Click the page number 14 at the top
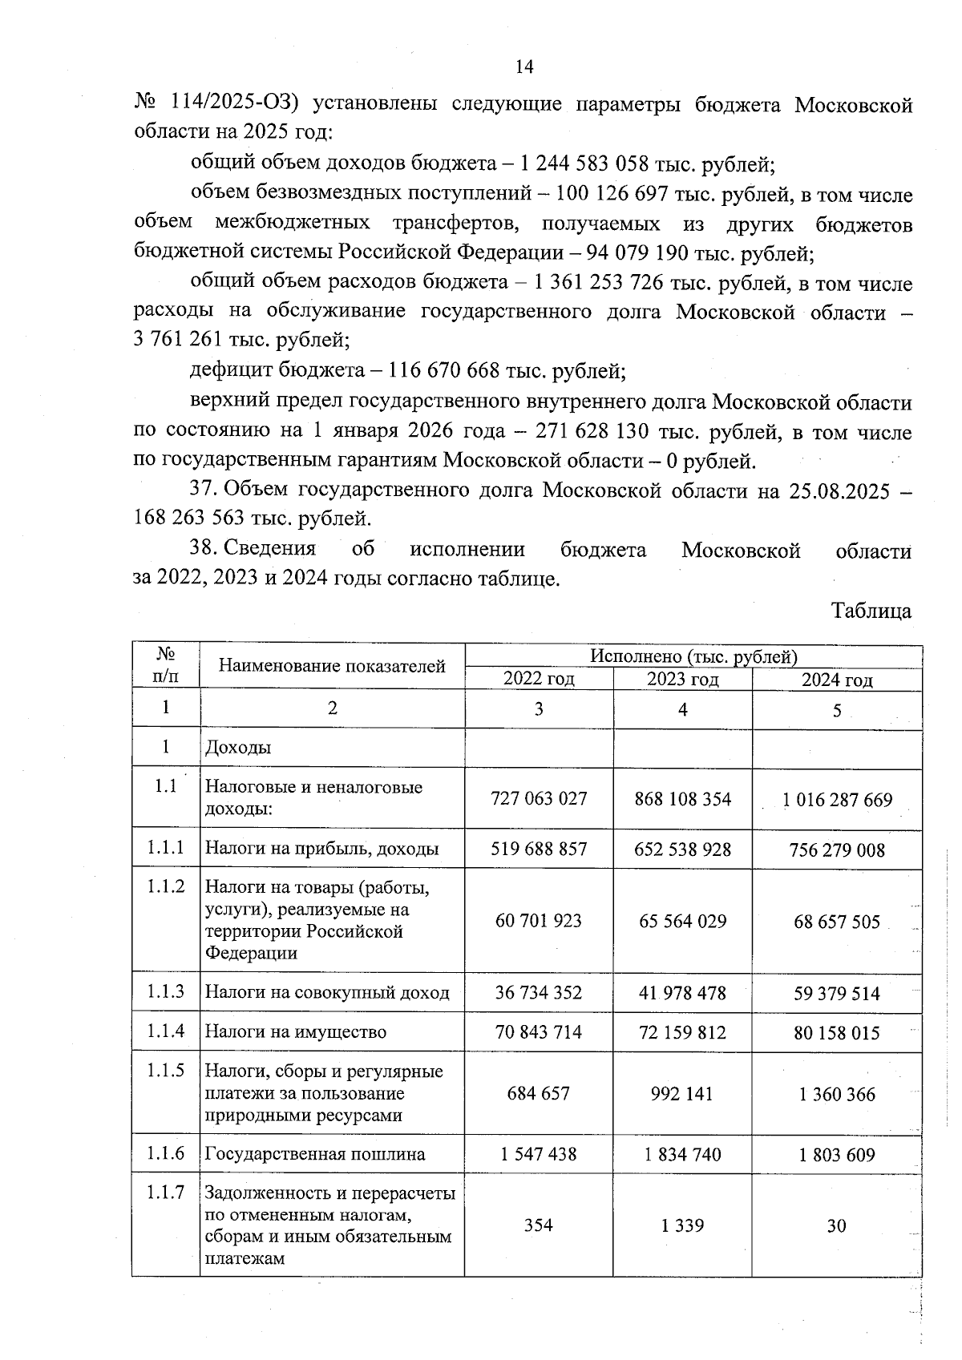[x=523, y=67]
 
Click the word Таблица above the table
[x=871, y=611]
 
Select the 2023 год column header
[x=682, y=680]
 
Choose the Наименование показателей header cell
[x=332, y=666]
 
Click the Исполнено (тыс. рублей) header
[x=693, y=656]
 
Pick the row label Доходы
[x=238, y=748]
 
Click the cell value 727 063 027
[x=539, y=798]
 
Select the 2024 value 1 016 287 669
[x=837, y=800]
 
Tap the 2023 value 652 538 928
[x=682, y=849]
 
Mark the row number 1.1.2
[x=166, y=886]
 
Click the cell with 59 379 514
[x=837, y=994]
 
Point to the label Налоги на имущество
[x=296, y=1032]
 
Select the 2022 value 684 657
[x=539, y=1094]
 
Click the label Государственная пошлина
[x=315, y=1155]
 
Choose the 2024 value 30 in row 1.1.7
[x=836, y=1225]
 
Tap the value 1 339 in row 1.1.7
[x=682, y=1225]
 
